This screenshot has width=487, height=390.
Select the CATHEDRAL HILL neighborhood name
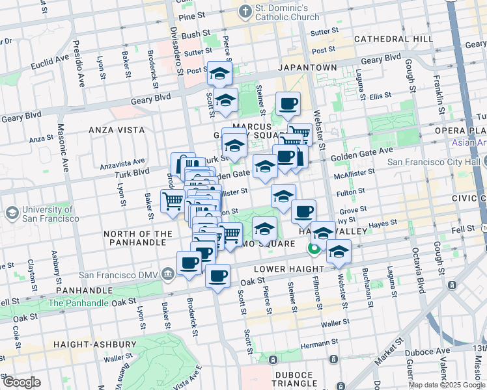393,40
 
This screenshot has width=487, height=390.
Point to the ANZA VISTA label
117,130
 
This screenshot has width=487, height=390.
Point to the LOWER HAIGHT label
281,268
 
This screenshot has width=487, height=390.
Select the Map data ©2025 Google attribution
447,385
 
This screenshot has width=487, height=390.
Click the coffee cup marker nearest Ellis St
287,104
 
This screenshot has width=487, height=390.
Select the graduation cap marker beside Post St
219,73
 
